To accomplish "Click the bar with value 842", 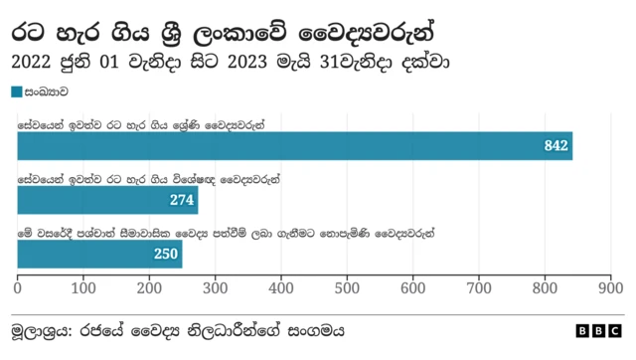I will point(294,146).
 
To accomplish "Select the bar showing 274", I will point(107,200).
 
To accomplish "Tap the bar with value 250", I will point(99,254).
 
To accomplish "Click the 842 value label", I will point(556,146).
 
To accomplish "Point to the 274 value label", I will point(181,200).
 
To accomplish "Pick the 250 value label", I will point(165,254).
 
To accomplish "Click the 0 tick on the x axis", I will point(18,287).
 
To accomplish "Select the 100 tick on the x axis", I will point(83,287).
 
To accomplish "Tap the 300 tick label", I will point(215,287).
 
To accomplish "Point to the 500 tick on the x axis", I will point(347,287).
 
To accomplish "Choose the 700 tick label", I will point(478,287).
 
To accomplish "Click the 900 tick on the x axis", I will point(609,287).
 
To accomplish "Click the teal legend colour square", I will point(16,91).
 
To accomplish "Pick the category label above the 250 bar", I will point(227,233).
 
